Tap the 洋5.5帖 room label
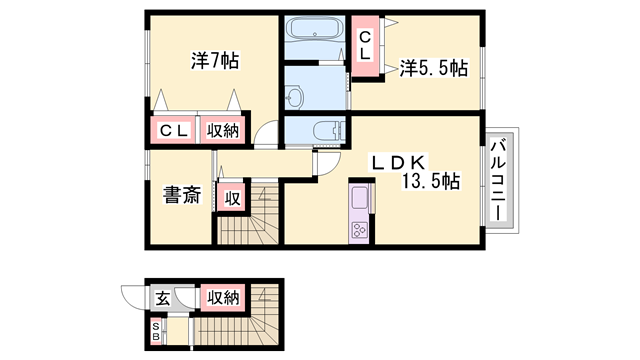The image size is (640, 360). pos(434,68)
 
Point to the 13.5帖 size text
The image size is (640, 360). pos(431,182)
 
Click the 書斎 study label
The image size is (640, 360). pos(179,196)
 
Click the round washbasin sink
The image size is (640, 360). pos(293,96)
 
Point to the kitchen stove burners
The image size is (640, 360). pos(359,232)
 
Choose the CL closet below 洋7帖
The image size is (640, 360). pos(171,131)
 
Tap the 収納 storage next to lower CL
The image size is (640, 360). pos(223,131)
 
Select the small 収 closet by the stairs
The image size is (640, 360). pos(231,196)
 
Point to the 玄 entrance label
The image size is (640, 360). pos(162,297)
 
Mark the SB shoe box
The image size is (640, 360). pos(155,330)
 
